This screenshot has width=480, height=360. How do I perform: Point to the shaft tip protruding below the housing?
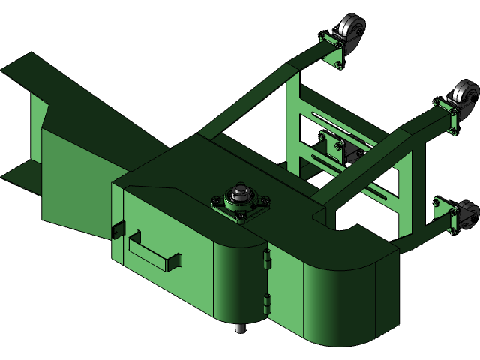pyautogui.click(x=240, y=328)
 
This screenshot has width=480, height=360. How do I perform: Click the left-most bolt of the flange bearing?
pyautogui.click(x=217, y=201)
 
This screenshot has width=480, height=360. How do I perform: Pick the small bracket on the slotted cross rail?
pyautogui.click(x=332, y=142)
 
